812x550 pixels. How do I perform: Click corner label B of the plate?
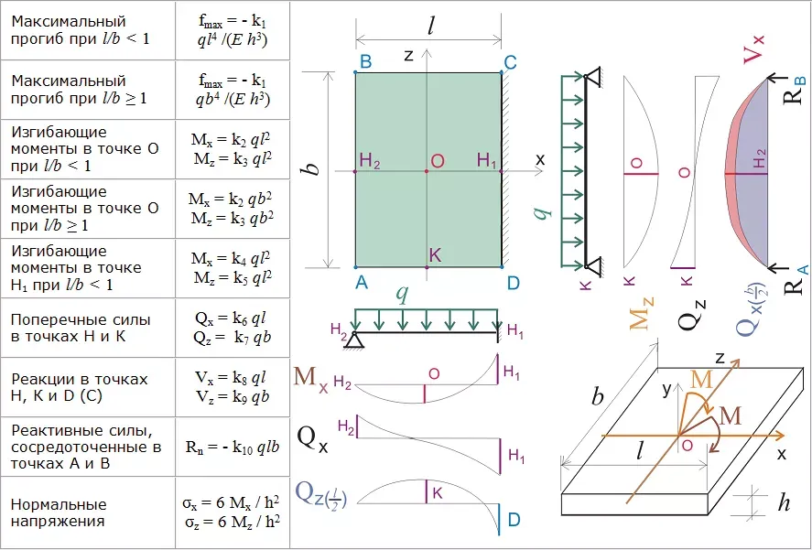[365, 62]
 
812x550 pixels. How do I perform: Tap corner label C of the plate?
[510, 62]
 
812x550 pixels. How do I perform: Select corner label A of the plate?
[362, 283]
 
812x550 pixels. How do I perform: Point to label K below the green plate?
[436, 254]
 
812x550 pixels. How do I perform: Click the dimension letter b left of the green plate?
[314, 169]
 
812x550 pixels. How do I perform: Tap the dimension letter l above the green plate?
[430, 26]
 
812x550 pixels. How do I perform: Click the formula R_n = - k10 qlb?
[233, 447]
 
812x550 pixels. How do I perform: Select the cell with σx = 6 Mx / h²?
[233, 512]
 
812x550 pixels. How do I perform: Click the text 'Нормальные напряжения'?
[59, 512]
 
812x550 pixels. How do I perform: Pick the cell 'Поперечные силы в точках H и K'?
[88, 328]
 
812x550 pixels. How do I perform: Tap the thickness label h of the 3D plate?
[784, 503]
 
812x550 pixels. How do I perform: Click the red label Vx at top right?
[753, 49]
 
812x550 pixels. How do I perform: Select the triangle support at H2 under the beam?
[355, 340]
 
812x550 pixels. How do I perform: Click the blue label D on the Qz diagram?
[514, 520]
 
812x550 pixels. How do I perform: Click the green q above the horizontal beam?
[401, 294]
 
